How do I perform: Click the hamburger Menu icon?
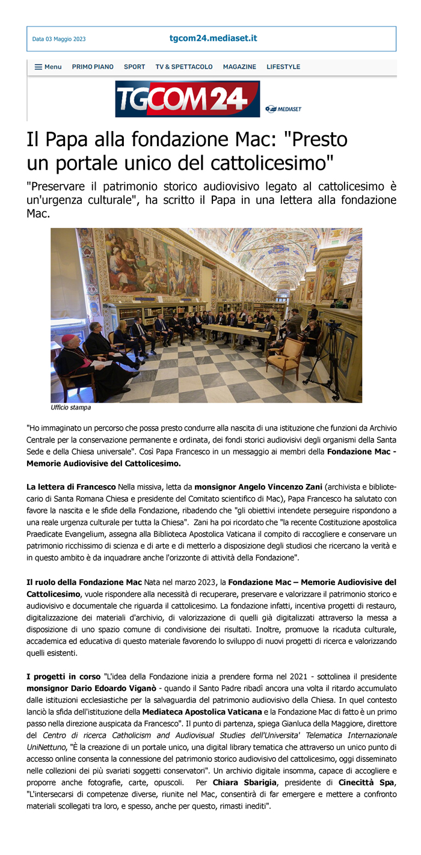point(38,67)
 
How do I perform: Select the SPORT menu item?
point(134,67)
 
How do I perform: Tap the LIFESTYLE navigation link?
point(283,67)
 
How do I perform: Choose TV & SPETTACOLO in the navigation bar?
point(184,67)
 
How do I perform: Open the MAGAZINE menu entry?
point(239,67)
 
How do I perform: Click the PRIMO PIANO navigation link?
point(93,67)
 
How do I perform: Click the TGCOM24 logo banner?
point(187,99)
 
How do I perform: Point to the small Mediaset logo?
point(283,109)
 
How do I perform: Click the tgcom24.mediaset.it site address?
point(213,38)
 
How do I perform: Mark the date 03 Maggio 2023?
point(59,39)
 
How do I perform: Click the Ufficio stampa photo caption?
point(71,408)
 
